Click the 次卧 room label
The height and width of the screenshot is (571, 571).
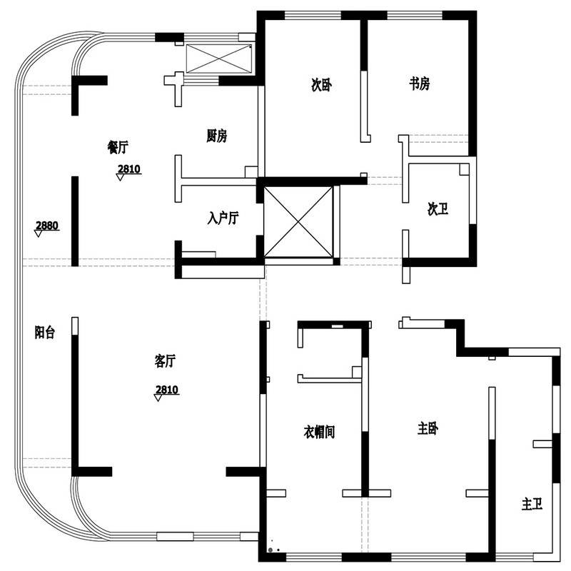tap(321, 85)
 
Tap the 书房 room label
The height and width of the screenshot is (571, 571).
tap(419, 84)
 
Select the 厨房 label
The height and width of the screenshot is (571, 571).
tap(217, 136)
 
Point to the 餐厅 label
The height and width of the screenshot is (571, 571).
tap(118, 147)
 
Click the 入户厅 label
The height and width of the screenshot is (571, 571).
tap(223, 218)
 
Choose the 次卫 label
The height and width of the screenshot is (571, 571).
tap(438, 209)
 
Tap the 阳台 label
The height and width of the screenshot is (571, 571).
tap(45, 332)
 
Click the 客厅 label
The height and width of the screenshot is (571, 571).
tap(165, 361)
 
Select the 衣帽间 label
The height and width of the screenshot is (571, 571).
tap(319, 432)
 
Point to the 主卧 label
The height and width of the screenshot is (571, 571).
tap(428, 428)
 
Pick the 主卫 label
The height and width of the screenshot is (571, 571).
tap(532, 505)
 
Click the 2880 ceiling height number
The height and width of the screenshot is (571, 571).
tap(47, 226)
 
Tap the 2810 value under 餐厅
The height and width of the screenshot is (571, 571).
tap(129, 169)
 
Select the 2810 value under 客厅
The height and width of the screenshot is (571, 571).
tap(167, 390)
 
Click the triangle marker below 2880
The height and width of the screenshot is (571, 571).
tap(39, 234)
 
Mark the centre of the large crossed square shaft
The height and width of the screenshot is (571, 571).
tap(298, 221)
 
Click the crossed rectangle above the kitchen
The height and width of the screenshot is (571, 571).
tap(219, 59)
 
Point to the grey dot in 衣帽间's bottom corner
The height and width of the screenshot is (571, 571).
tap(271, 550)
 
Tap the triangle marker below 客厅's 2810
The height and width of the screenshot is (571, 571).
tap(158, 398)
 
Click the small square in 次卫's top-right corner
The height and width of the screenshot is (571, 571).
tap(465, 169)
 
